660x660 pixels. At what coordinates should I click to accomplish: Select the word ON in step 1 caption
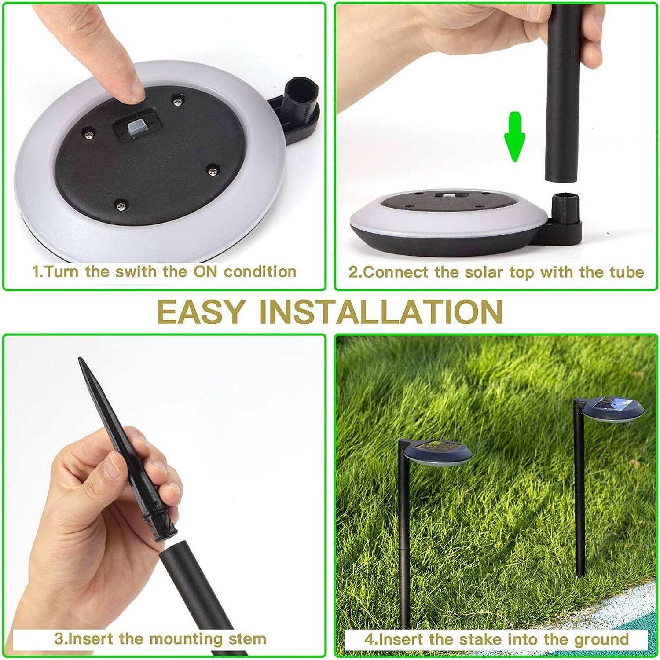(206, 272)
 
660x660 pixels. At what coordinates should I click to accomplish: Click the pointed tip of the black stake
(81, 361)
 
